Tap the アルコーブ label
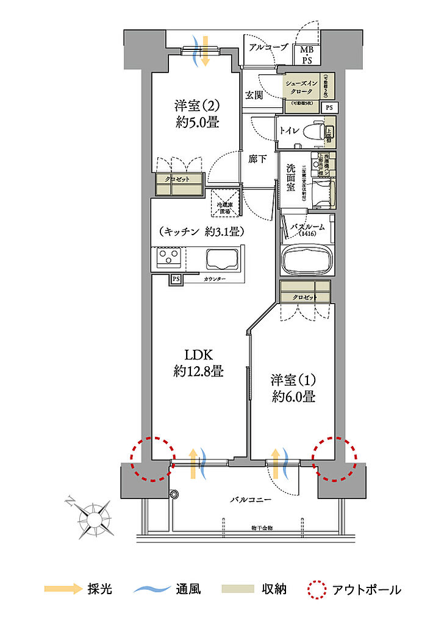point(268,47)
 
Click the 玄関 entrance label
point(254,95)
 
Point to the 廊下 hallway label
point(257,160)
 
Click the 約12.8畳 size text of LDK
point(198,370)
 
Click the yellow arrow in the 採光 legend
point(63,589)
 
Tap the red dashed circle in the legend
point(317,589)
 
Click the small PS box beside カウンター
point(176,278)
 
